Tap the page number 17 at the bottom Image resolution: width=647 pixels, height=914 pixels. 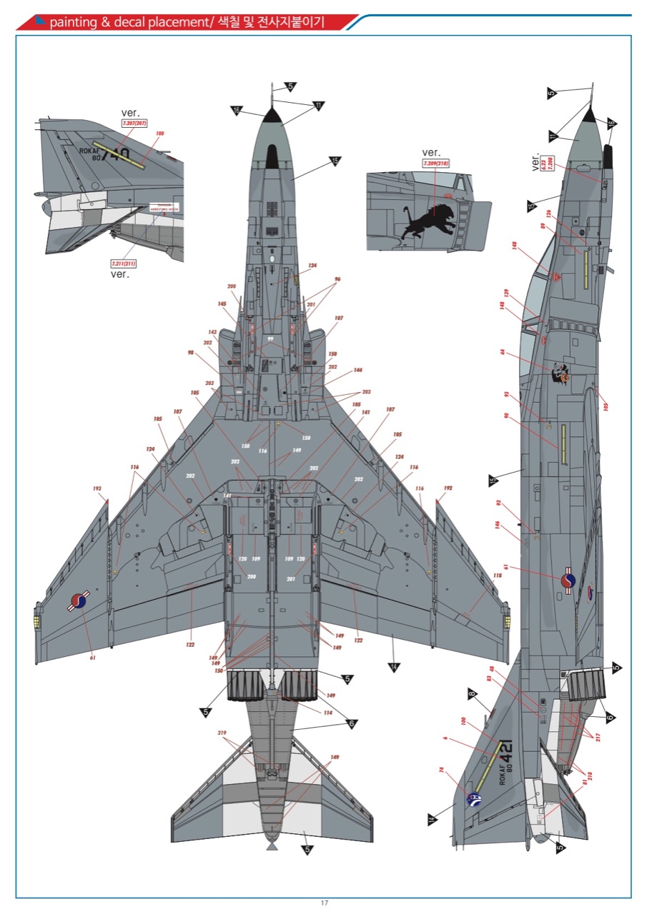[325, 903]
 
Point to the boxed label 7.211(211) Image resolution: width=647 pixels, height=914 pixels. [123, 263]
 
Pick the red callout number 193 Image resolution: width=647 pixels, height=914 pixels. [97, 489]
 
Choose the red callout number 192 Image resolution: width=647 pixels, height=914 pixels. [448, 489]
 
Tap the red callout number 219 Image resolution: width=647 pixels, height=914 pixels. [222, 733]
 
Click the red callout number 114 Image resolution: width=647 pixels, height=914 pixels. [328, 712]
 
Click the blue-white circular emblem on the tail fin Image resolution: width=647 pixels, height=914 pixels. [473, 800]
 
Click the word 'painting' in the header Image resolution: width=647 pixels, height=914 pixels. [73, 22]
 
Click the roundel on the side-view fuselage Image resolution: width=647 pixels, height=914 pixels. [568, 582]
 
